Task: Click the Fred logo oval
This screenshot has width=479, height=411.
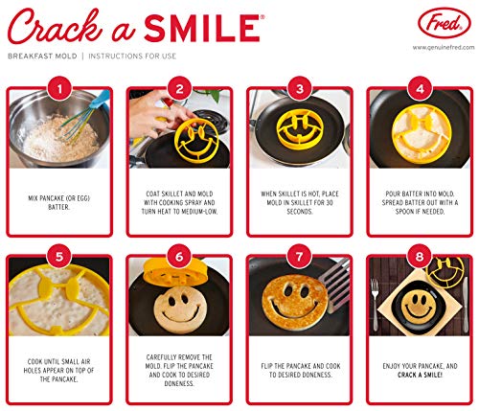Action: pyautogui.click(x=445, y=23)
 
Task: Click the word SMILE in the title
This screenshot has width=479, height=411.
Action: pyautogui.click(x=202, y=28)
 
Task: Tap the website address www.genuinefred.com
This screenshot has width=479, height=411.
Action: pyautogui.click(x=444, y=48)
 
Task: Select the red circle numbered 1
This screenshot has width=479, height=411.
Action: pyautogui.click(x=59, y=89)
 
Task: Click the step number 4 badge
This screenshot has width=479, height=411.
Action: pyautogui.click(x=420, y=89)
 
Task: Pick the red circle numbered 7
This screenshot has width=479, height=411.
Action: pyautogui.click(x=299, y=257)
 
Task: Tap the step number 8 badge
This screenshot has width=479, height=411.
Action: pyautogui.click(x=420, y=257)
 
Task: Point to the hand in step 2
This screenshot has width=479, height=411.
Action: pyautogui.click(x=156, y=113)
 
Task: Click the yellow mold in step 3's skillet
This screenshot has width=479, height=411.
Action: pyautogui.click(x=300, y=129)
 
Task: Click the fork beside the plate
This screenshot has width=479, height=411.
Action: pyautogui.click(x=375, y=305)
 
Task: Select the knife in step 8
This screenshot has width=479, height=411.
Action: pyautogui.click(x=465, y=305)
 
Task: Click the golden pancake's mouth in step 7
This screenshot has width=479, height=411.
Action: pyautogui.click(x=295, y=310)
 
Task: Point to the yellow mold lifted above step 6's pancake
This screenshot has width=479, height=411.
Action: pyautogui.click(x=175, y=272)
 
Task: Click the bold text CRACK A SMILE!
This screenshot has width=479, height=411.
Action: pyautogui.click(x=420, y=375)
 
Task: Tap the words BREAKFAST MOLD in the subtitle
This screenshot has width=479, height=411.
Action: pyautogui.click(x=42, y=57)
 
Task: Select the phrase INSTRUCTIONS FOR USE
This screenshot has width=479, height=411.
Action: pyautogui.click(x=132, y=57)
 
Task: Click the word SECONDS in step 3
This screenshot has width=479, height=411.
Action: pyautogui.click(x=299, y=212)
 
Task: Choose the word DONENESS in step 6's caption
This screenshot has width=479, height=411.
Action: pyautogui.click(x=179, y=383)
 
